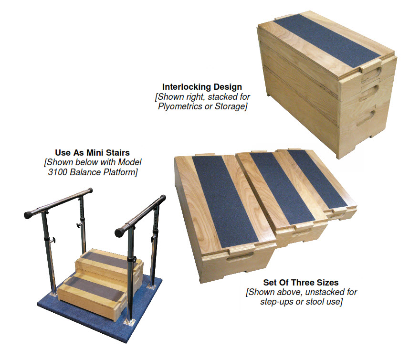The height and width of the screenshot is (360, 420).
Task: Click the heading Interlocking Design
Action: (x=202, y=87)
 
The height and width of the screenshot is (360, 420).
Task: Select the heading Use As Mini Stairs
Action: (x=91, y=154)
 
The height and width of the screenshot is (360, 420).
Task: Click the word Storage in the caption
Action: (x=229, y=106)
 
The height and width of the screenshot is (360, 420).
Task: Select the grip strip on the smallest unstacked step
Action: (x=317, y=176)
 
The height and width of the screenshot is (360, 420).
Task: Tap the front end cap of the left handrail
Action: (x=27, y=214)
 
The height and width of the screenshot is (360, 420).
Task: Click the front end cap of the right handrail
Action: (x=125, y=229)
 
